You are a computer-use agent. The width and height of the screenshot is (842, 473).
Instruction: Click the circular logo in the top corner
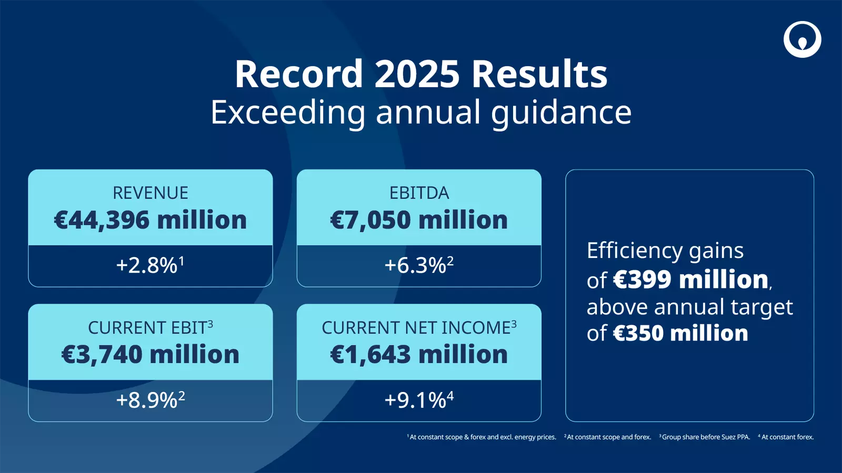coord(802,39)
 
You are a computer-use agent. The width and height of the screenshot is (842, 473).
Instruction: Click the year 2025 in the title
coord(417,74)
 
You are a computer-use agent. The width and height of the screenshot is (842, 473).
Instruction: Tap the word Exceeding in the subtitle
coord(287,112)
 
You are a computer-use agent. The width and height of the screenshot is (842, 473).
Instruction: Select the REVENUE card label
coord(151,193)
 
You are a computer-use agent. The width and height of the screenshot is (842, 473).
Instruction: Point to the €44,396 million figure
coord(151,220)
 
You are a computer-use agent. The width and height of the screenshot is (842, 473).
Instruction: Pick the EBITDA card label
coord(419,193)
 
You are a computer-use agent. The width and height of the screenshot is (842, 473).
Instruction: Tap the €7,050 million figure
coord(419,220)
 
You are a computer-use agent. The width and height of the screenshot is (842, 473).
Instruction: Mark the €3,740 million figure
coord(151,355)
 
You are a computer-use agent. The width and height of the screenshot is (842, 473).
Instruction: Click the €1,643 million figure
coord(419,355)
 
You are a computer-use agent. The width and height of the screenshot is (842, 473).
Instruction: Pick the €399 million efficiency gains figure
coord(691,280)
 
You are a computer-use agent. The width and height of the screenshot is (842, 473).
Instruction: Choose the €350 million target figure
coord(680,334)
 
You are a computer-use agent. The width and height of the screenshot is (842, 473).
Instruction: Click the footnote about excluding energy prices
coord(482,437)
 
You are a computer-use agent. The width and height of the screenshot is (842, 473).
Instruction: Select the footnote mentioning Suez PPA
coord(705,437)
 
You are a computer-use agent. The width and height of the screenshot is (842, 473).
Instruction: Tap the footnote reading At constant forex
coord(787,437)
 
